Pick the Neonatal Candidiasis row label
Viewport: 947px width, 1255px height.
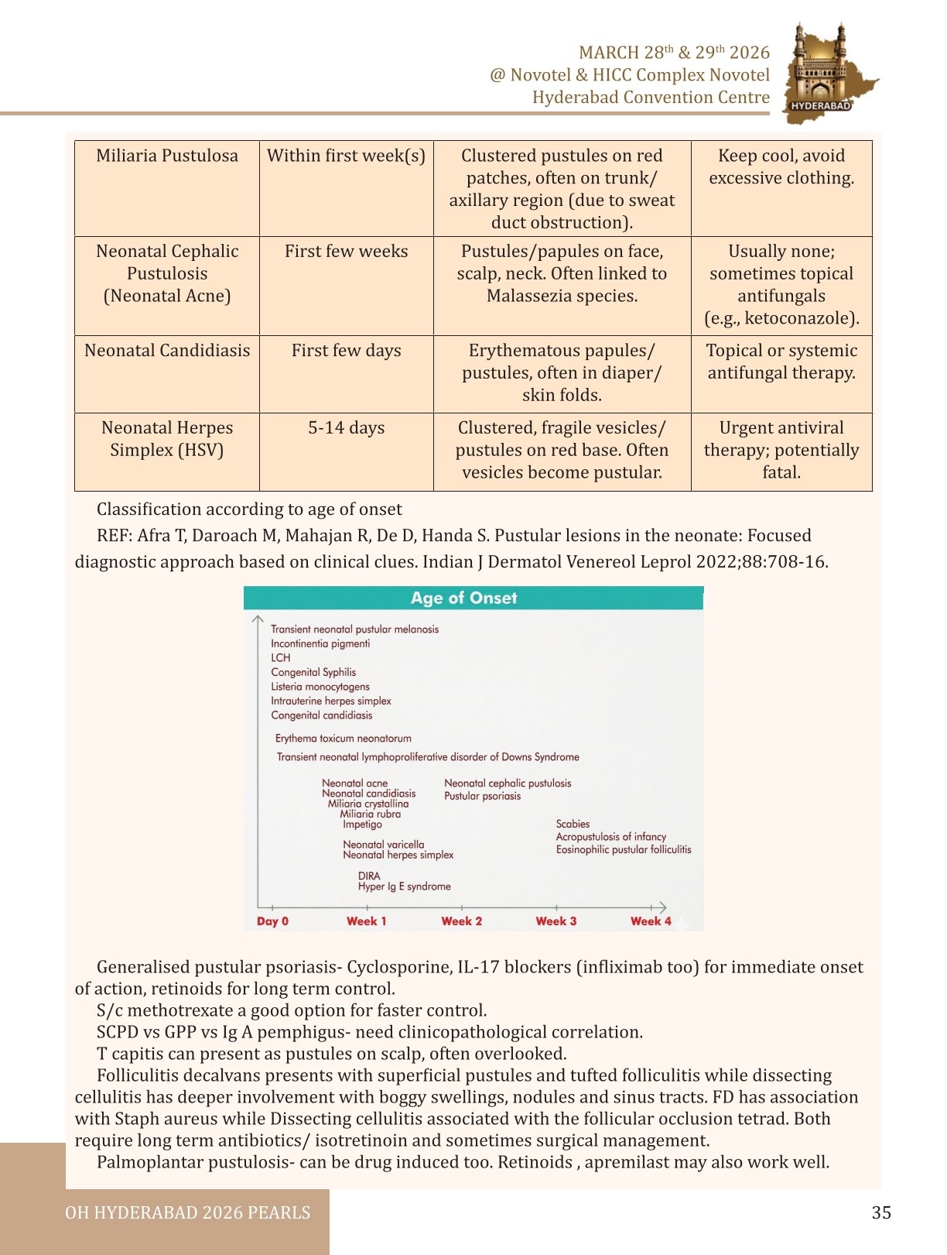pos(167,351)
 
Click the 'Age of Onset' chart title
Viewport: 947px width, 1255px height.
pos(463,598)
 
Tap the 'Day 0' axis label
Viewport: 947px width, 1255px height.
pos(272,921)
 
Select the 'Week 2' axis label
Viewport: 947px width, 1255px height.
pos(461,921)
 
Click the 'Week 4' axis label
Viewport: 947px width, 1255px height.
pos(650,921)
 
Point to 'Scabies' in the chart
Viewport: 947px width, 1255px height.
pos(573,824)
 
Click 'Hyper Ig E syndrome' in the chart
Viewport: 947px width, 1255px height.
pos(404,886)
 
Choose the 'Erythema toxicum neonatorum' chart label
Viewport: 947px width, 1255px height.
pos(344,739)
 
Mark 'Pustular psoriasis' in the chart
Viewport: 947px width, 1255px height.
pos(482,796)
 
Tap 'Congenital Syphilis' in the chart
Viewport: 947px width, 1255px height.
pos(313,672)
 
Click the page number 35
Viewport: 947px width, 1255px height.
pos(881,1212)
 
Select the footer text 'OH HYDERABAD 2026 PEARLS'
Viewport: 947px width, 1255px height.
pos(187,1212)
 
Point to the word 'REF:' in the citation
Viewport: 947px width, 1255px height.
pos(115,536)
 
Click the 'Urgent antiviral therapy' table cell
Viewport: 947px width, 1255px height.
pos(781,450)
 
